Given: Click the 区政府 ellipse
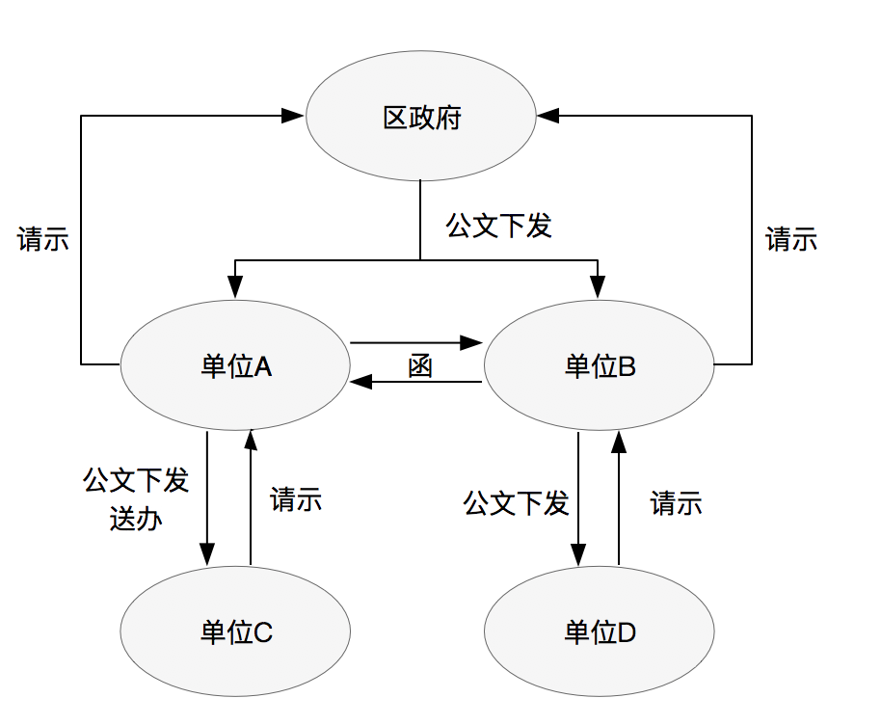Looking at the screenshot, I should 421,117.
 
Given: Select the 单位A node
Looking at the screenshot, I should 234,365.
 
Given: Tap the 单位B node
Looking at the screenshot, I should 599,365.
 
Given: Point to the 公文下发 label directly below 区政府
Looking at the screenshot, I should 498,227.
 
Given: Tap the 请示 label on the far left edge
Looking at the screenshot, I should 43,239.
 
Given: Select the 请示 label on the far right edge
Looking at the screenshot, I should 791,239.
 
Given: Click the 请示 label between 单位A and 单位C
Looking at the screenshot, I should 296,499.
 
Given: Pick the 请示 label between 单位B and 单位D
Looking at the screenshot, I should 676,502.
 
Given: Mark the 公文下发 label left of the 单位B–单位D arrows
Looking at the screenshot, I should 516,502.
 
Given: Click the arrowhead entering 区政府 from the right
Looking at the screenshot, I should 548,116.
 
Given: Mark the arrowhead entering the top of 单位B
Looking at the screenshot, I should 598,286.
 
